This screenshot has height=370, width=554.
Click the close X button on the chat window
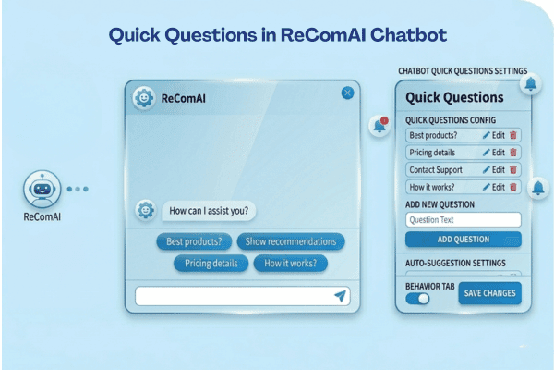(x=347, y=92)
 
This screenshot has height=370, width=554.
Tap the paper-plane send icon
(x=341, y=296)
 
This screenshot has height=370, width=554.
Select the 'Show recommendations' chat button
(x=291, y=242)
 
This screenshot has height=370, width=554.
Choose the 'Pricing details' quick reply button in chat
(x=211, y=264)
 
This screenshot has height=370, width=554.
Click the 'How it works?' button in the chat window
(x=290, y=264)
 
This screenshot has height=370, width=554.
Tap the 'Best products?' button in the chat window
(x=194, y=242)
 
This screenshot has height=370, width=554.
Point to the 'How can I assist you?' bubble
(x=209, y=210)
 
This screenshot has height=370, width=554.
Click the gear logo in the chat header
(x=143, y=97)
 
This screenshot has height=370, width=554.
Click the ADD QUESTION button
(x=463, y=240)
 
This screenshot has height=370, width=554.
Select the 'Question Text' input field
(x=463, y=220)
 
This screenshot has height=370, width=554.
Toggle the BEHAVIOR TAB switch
(x=418, y=299)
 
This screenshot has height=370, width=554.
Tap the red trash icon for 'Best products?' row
(x=513, y=135)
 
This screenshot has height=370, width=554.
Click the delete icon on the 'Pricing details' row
(x=513, y=153)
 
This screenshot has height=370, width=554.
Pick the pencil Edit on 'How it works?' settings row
(x=493, y=187)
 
